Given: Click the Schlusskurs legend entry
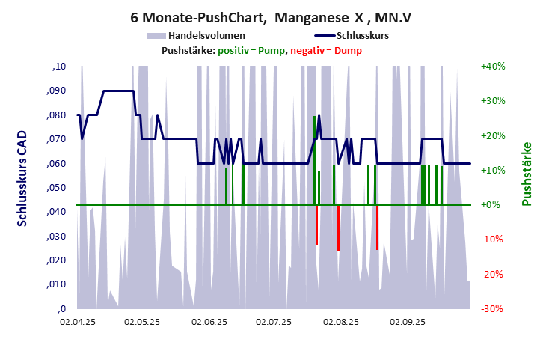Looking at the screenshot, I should click(362, 35).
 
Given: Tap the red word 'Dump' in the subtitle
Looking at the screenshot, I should click(348, 50).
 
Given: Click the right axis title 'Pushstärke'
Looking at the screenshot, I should click(527, 174).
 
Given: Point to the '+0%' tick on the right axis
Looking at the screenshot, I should click(491, 204).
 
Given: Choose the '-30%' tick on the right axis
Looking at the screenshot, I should click(492, 308).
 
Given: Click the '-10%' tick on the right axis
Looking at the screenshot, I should click(492, 240).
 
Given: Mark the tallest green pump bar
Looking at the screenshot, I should click(314, 159).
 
